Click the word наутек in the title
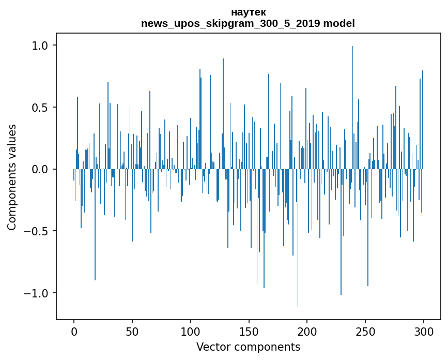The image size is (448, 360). point(248,12)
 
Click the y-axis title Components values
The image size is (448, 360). point(12,177)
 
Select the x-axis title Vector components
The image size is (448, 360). point(248,347)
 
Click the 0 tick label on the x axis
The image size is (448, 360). point(74,331)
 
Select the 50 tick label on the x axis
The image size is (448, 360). point(132,331)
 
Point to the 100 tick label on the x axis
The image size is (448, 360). point(191,331)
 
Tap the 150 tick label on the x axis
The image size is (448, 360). point(249,331)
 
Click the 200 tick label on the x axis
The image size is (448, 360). point(307,331)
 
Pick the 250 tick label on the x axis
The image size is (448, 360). point(365,331)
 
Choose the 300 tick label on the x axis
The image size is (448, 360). point(424,331)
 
